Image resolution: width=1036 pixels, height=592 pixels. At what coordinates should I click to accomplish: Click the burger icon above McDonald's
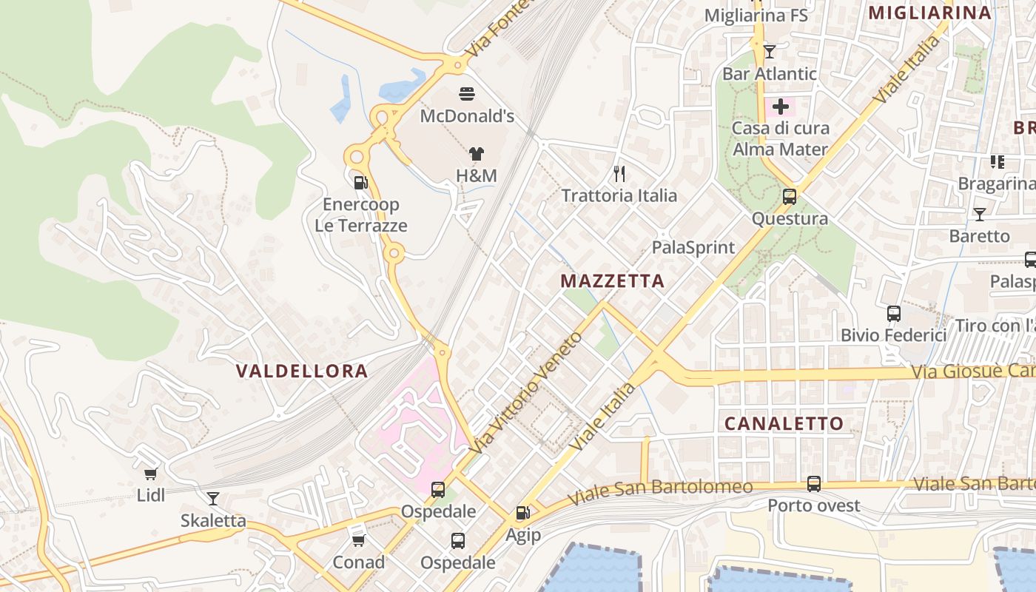pos(467,94)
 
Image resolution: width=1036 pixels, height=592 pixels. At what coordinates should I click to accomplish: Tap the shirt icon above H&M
pos(476,154)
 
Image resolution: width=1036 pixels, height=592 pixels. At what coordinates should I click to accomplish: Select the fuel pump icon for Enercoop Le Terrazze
pos(361,182)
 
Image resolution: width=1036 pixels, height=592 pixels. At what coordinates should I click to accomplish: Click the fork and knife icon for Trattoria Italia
pos(619,174)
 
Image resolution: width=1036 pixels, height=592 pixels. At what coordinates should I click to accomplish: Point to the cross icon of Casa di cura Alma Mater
pos(780,107)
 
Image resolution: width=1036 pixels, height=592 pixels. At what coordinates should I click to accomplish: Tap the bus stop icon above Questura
pos(790,197)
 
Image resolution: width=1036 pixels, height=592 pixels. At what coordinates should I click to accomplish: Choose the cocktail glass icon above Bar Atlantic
pos(770,52)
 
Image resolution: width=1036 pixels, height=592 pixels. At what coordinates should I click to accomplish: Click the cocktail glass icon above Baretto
pos(979,215)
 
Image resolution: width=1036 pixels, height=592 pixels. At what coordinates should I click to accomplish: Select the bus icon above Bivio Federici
pos(893,313)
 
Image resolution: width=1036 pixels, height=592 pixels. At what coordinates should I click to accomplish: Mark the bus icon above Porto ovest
pos(814,484)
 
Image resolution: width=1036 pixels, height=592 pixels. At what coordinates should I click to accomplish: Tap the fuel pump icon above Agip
pos(522,513)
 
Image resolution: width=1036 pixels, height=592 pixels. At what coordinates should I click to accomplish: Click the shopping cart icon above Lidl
pos(151,474)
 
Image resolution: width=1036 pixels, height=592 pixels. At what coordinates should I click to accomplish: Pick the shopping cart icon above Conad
pos(358,540)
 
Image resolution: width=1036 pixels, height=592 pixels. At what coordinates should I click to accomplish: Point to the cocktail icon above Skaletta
pos(213,499)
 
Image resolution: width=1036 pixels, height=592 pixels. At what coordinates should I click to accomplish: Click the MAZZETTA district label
pos(612,281)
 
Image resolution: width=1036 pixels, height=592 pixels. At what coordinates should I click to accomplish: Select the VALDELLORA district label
pos(302,371)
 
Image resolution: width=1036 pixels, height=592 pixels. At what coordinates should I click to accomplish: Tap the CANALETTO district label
pos(784,423)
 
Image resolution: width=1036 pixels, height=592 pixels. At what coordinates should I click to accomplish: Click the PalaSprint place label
pos(693,247)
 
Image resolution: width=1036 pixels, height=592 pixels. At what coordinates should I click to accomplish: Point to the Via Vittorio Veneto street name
pos(526,394)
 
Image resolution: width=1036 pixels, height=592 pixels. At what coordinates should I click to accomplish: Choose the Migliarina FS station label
pos(756,15)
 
